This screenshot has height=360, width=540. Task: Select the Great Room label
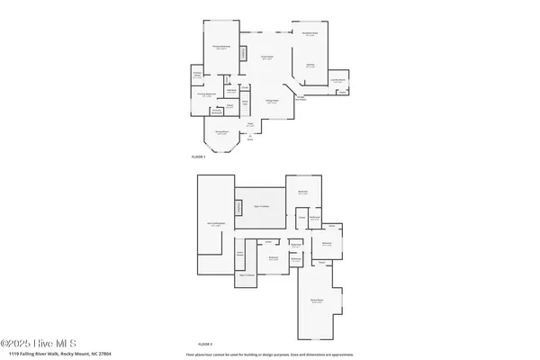(x=267, y=58)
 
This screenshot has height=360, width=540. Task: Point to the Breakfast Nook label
(x=311, y=34)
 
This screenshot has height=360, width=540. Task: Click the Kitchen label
(x=310, y=66)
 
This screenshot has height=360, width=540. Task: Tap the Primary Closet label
(x=197, y=74)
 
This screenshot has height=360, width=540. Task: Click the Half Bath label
(x=231, y=89)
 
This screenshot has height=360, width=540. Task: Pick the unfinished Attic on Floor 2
(x=215, y=225)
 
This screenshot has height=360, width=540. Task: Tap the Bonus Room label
(x=318, y=301)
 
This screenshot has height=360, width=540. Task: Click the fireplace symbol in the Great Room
(x=241, y=55)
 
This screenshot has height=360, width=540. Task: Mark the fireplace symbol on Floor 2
(x=238, y=208)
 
